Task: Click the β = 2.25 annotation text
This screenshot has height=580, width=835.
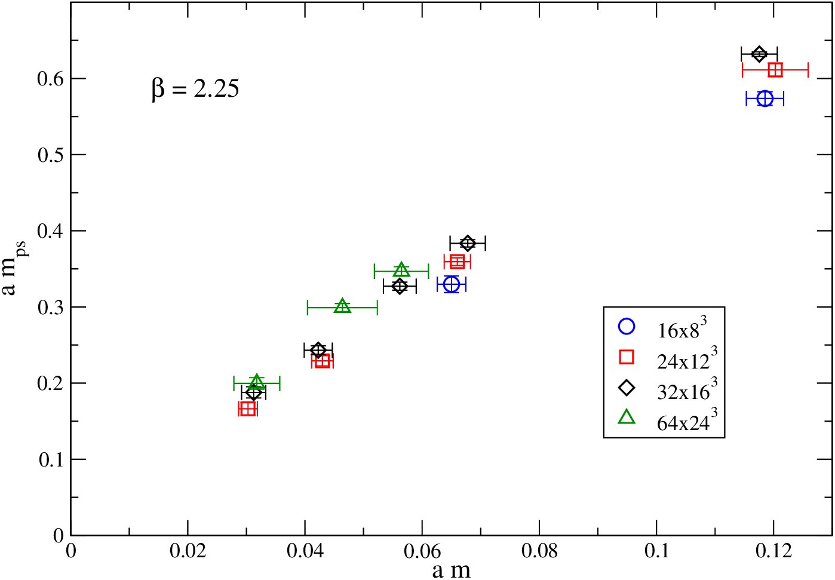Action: [x=195, y=90]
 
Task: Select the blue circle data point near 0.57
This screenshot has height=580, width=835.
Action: [x=765, y=99]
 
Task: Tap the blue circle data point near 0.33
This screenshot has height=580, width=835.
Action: [x=452, y=285]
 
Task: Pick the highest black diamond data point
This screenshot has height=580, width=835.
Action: [x=759, y=54]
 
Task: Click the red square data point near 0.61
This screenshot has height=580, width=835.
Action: [x=775, y=70]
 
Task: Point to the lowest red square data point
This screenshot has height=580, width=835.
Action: [x=248, y=409]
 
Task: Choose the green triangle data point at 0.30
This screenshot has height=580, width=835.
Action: [x=343, y=306]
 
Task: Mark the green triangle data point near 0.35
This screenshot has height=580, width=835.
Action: [x=401, y=269]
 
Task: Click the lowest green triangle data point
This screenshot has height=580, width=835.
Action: [x=256, y=382]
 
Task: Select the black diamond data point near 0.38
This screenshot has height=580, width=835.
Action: [x=468, y=243]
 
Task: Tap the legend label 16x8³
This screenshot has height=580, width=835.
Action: [x=681, y=328]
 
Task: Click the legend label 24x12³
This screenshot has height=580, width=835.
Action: [x=687, y=358]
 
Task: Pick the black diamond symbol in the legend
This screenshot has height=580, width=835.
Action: [x=627, y=388]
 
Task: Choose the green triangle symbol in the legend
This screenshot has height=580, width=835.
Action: [x=627, y=418]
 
